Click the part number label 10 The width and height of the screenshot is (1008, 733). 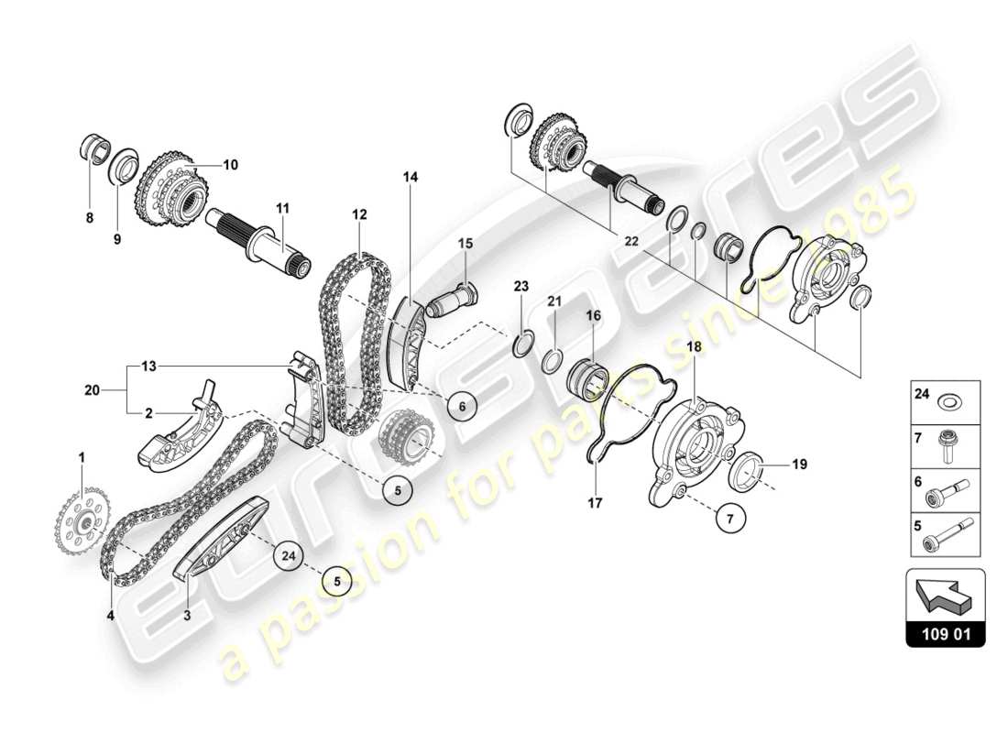point(229,165)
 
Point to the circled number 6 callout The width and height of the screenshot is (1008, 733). point(463,406)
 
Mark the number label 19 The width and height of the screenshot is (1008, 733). point(799,465)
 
